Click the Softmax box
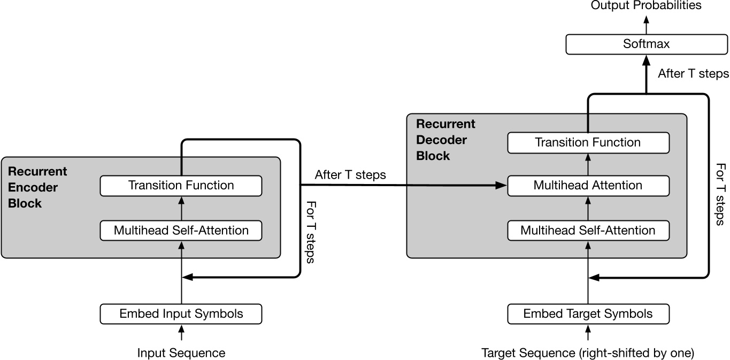646,44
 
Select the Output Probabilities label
646,6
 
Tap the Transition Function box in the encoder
181,186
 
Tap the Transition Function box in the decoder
588,142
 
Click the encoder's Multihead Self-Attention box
181,231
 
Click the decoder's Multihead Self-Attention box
588,231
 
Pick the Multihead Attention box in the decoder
588,186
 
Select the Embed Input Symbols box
181,313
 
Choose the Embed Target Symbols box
588,313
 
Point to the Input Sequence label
181,353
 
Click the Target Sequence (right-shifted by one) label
588,353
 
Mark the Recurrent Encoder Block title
37,188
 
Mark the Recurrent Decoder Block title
445,140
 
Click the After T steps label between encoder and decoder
350,175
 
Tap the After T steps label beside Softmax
693,74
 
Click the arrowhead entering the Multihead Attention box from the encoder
502,186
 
